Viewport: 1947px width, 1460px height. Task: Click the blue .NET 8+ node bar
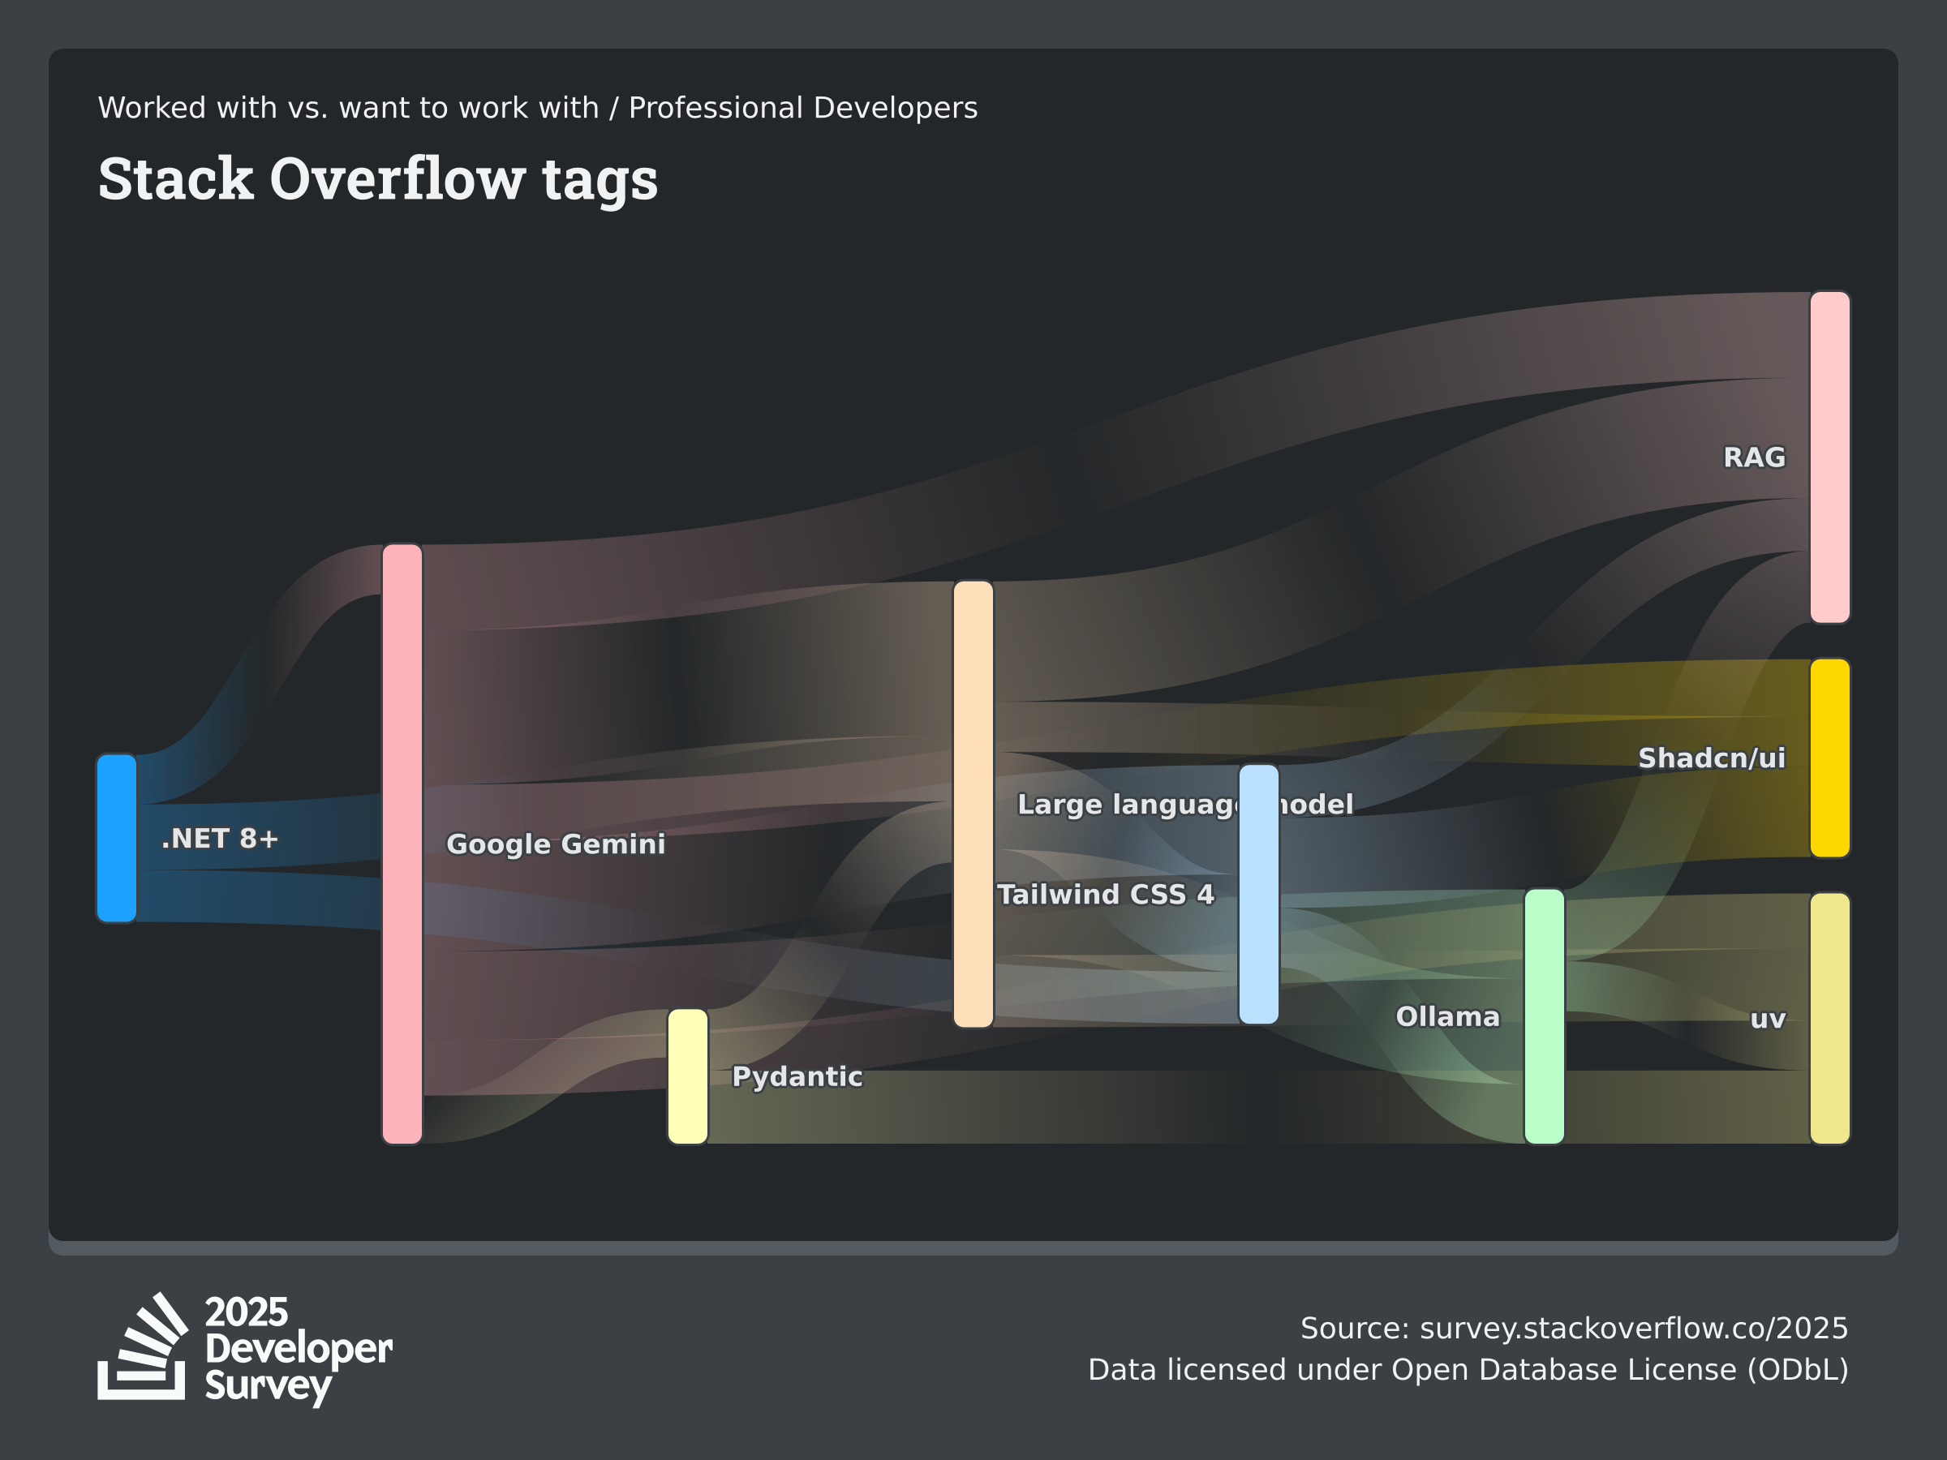(x=117, y=838)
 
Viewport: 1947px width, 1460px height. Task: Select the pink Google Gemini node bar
(x=402, y=844)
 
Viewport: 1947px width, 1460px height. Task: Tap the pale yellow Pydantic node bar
(x=687, y=1076)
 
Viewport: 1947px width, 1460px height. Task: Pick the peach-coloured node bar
(x=973, y=804)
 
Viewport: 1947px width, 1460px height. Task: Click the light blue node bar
(x=1259, y=894)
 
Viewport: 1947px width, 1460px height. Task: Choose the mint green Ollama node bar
(x=1545, y=1016)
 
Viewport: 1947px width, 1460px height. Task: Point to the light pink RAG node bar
(x=1830, y=457)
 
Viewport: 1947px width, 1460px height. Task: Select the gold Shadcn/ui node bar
(x=1830, y=758)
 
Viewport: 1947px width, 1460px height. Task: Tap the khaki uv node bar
(x=1830, y=1018)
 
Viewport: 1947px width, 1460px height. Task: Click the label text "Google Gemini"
(x=556, y=844)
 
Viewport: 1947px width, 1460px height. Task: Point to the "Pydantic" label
(x=797, y=1076)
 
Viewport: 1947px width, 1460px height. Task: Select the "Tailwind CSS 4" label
(x=1106, y=894)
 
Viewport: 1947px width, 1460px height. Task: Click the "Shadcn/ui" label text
(x=1711, y=758)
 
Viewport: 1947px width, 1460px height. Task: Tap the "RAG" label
(x=1754, y=457)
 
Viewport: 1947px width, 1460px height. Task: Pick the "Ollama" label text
(x=1447, y=1016)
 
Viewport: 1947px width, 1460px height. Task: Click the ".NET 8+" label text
(x=220, y=838)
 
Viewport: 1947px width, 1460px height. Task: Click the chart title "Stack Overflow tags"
(x=377, y=178)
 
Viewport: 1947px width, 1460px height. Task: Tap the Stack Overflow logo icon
(x=143, y=1346)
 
